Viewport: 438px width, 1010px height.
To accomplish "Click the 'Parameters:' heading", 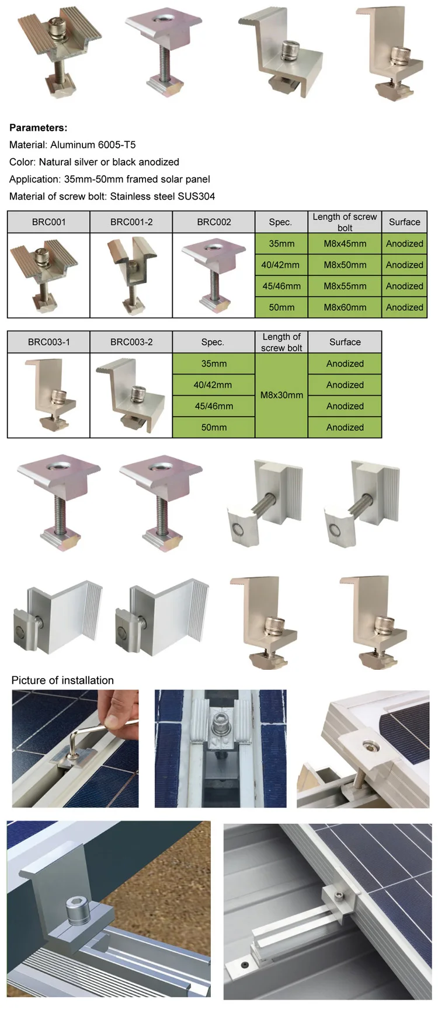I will pos(39,128).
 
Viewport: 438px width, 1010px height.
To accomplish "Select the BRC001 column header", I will pos(48,222).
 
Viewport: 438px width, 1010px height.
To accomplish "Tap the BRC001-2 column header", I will pos(131,222).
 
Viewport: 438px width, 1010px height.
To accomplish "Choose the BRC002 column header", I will pos(214,222).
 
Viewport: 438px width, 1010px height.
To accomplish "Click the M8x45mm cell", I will pos(345,244).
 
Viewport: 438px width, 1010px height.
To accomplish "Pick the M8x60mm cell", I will pos(345,307).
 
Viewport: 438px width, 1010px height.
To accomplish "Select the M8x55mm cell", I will pos(345,286).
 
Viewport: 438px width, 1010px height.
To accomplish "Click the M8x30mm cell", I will pos(281,395).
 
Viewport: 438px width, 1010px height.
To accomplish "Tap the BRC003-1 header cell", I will pos(48,343).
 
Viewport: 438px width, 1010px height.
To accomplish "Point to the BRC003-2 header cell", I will pos(131,343).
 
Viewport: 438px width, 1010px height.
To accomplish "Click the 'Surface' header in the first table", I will pos(404,222).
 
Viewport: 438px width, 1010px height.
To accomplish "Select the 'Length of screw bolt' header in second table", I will pos(281,343).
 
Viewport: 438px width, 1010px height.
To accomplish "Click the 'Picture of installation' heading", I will pos(62,680).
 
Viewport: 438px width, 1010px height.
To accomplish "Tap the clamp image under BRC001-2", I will pos(131,275).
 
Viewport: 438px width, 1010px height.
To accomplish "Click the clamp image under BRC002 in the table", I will pos(214,275).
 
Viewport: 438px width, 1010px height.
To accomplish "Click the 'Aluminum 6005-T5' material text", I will pos(93,145).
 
